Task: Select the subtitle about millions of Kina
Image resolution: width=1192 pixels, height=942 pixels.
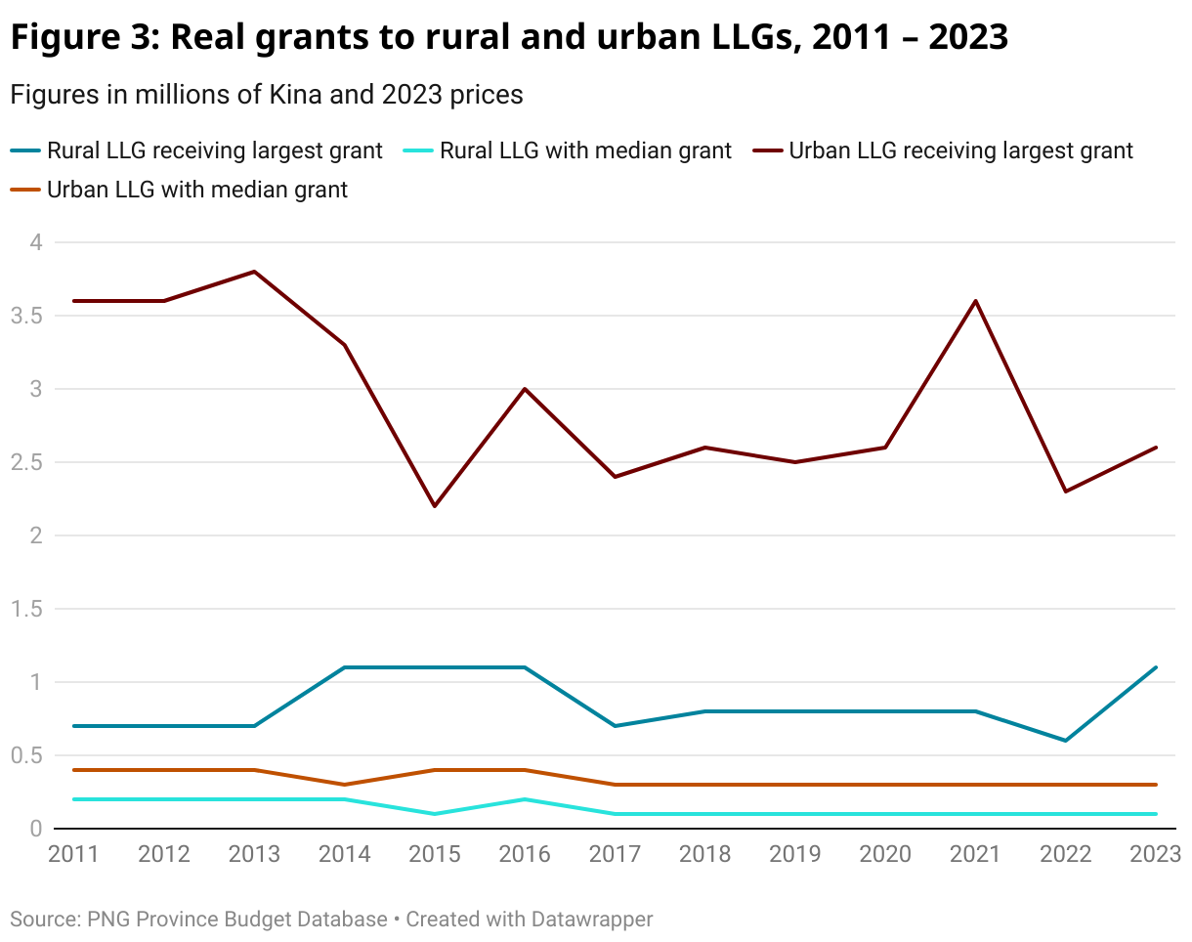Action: click(266, 95)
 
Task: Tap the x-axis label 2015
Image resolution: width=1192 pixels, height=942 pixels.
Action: click(435, 854)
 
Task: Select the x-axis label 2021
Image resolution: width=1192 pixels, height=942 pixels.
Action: click(975, 854)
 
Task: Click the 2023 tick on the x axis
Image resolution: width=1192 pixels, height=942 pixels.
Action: click(1155, 854)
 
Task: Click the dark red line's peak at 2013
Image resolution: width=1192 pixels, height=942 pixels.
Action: click(255, 272)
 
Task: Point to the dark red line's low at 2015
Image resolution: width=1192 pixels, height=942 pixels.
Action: click(435, 506)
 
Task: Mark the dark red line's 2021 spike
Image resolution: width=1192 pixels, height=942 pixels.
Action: click(975, 301)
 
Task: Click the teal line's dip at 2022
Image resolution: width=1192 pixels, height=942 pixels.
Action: click(1065, 741)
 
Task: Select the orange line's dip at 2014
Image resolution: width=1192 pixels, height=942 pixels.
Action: click(345, 785)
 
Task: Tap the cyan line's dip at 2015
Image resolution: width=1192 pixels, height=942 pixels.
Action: click(435, 814)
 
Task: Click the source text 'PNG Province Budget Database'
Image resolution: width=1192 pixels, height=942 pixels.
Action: click(237, 920)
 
